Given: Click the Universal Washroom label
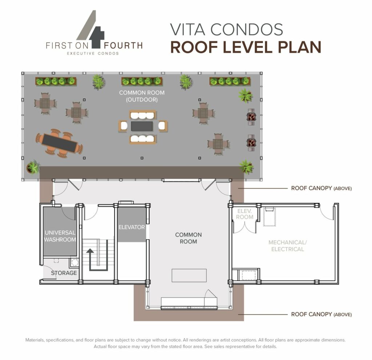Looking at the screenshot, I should (60, 236).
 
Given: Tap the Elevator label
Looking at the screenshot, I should (132, 227).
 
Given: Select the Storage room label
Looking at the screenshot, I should (64, 273).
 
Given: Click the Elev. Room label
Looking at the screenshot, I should (245, 214).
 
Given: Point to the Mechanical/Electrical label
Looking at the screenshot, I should (286, 246).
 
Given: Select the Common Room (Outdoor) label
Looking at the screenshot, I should (138, 96).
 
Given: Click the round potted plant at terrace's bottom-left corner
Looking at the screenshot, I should (33, 167).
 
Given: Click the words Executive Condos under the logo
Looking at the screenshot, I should (93, 53).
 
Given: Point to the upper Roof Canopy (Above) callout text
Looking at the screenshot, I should (321, 188).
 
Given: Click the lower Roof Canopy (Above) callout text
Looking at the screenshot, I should (321, 314).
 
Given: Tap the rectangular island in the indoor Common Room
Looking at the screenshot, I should (189, 275).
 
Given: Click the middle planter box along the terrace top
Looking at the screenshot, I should (142, 81).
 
